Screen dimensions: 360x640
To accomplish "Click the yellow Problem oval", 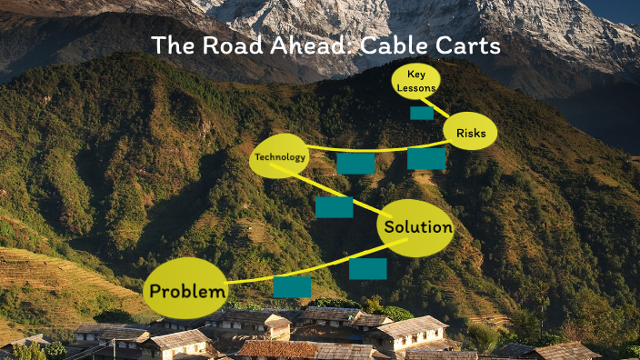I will tap(186, 291).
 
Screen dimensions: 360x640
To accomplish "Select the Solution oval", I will tap(416, 227).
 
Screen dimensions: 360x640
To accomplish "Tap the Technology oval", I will tap(279, 158).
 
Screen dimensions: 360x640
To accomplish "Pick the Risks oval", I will tap(471, 134).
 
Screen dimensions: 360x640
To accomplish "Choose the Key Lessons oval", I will tap(416, 81).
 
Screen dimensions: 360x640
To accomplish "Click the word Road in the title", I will tap(227, 45).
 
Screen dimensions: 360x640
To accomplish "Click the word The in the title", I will tap(170, 45).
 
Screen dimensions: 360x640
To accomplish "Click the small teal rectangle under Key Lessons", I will tap(422, 114).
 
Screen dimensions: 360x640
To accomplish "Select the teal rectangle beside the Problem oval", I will tap(292, 287).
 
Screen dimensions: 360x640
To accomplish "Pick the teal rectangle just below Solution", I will tap(367, 268).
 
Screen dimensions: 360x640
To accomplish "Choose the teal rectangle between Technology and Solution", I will tap(334, 207).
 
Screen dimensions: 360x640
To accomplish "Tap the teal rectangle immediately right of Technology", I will tap(355, 164).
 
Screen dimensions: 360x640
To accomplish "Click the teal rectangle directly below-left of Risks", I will tap(425, 159).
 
